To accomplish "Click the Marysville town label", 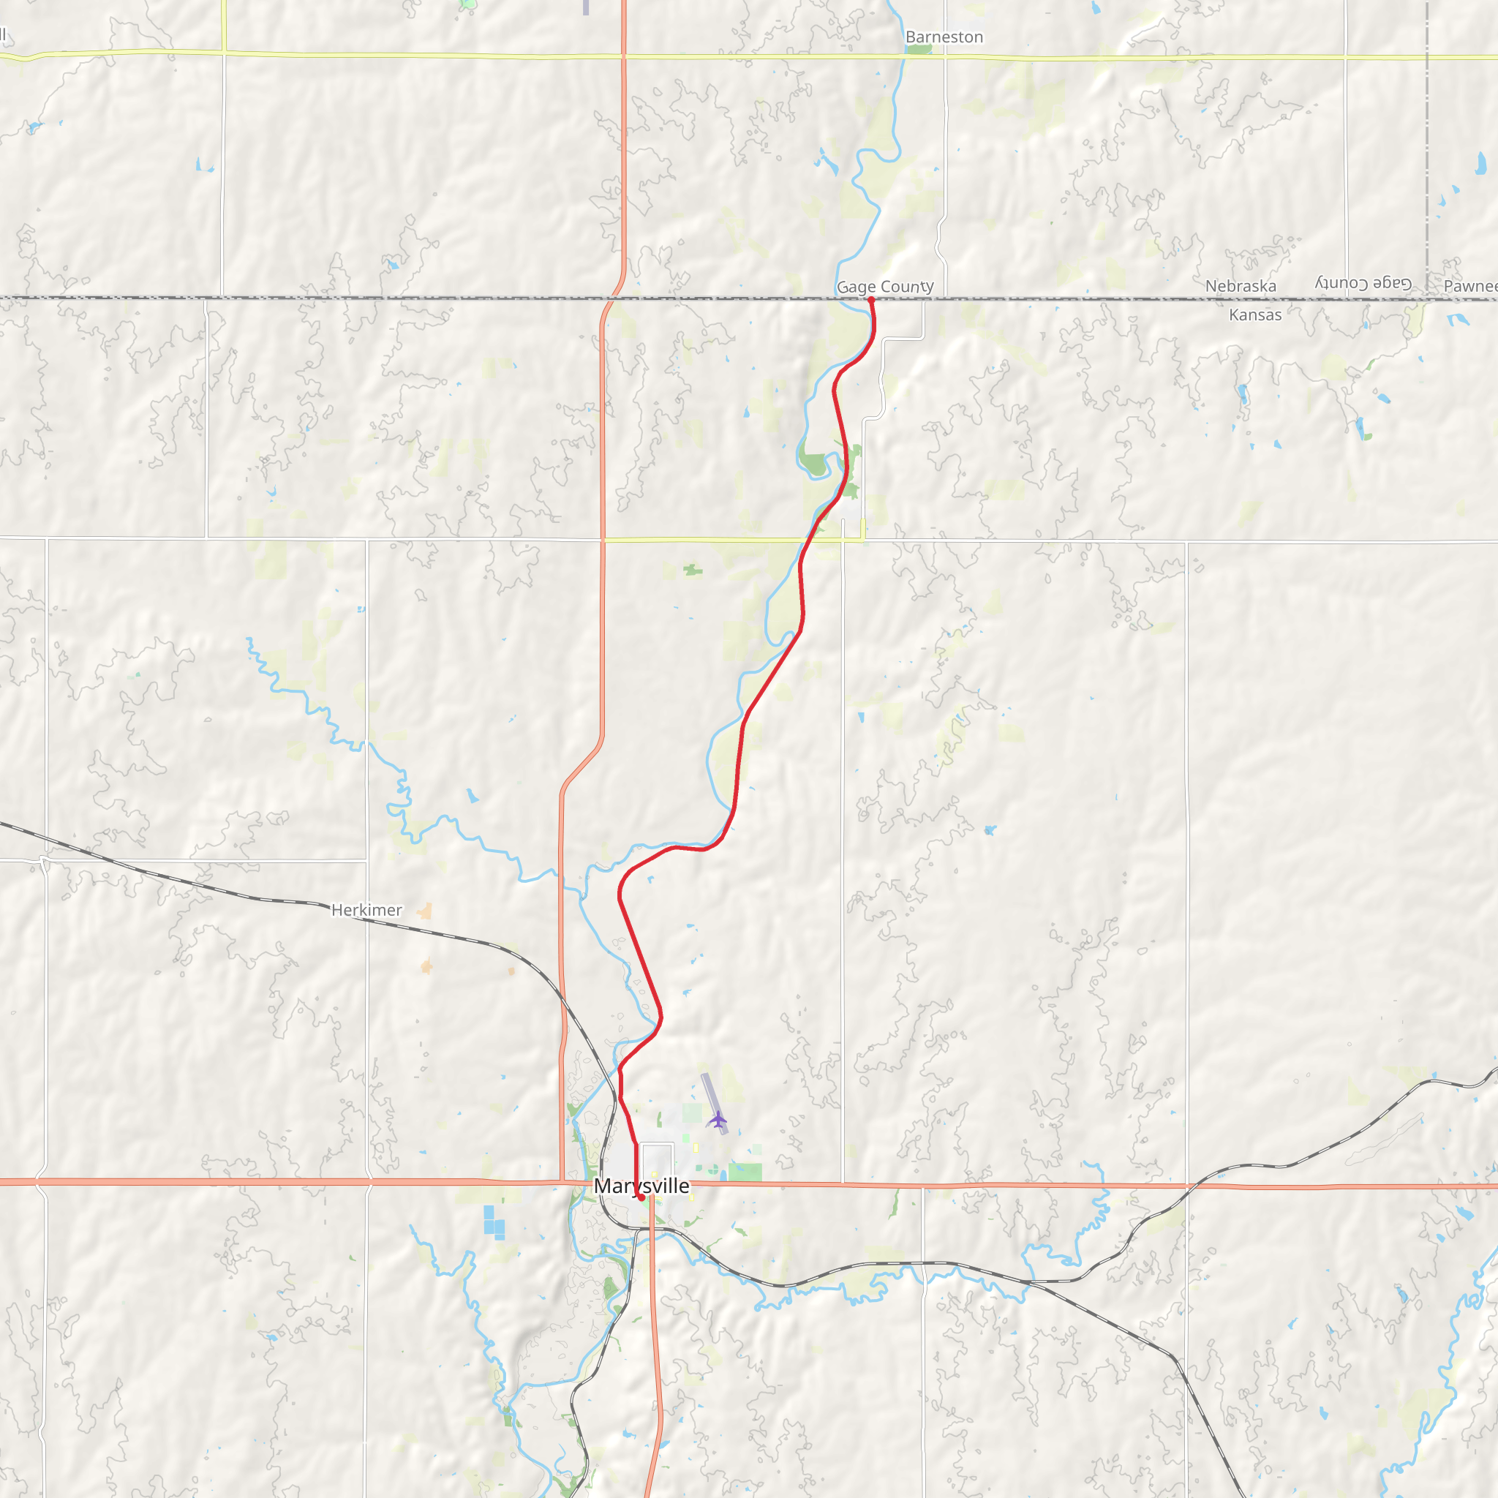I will point(641,1186).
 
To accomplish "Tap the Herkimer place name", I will point(366,909).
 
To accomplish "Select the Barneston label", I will point(944,37).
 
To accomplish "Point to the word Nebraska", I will point(1241,286).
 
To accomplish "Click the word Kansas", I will point(1255,315).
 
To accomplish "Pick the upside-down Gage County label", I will point(1363,283).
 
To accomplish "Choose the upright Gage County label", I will point(885,287).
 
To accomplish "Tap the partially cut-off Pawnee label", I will point(1470,286).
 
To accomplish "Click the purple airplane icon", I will point(718,1120).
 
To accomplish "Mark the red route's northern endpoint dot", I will point(870,299).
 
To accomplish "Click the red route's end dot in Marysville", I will point(641,1198).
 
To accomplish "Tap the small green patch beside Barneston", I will point(919,50).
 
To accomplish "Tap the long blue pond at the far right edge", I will point(1482,163).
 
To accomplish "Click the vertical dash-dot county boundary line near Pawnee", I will point(1426,155).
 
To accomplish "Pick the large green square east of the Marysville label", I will point(745,1172).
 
